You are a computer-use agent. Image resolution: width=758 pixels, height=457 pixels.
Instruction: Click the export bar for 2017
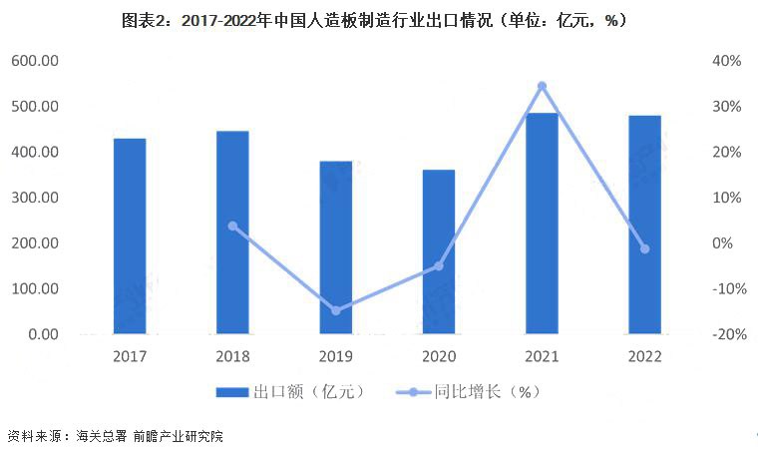pos(130,236)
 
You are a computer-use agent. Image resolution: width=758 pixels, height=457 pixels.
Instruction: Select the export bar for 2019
pos(335,247)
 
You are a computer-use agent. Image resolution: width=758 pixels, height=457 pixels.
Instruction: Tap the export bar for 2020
pos(438,252)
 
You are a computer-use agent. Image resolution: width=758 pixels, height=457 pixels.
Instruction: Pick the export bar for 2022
pos(644,225)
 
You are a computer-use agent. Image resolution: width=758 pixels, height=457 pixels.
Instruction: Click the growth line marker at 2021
pos(542,86)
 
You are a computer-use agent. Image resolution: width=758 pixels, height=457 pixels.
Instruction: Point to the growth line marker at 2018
pos(232,226)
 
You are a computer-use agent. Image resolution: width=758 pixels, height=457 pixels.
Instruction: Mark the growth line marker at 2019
pos(335,310)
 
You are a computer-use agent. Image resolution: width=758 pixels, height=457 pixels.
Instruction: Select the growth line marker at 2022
pos(644,248)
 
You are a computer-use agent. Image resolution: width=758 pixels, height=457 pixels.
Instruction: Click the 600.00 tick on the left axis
pos(34,61)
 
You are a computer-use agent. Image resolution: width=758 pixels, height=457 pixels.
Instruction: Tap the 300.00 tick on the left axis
pos(34,198)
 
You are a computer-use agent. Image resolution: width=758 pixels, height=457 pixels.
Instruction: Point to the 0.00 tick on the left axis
pos(41,334)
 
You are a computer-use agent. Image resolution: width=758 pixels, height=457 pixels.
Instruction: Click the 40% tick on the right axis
pos(728,61)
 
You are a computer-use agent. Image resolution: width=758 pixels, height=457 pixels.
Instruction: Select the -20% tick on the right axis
pos(726,334)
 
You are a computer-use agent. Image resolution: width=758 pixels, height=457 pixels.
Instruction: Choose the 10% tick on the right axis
pos(728,198)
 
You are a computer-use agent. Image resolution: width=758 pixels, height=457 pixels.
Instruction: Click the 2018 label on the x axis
pos(232,356)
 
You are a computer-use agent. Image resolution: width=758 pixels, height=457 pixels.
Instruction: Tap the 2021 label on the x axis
pos(542,356)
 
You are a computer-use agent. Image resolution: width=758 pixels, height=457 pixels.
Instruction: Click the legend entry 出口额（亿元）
pos(290,391)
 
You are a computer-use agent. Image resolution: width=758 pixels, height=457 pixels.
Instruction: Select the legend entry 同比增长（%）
pos(469,391)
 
